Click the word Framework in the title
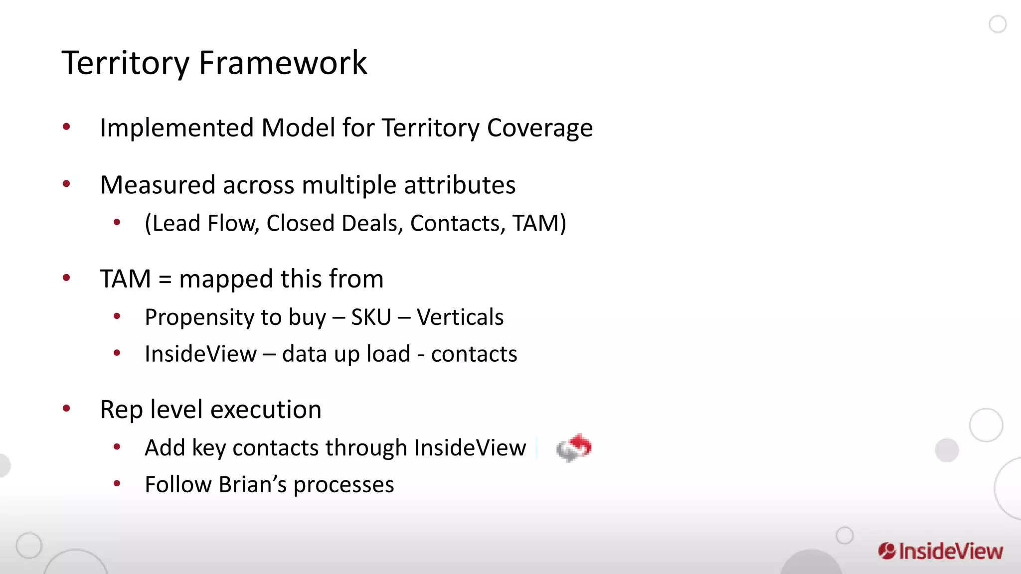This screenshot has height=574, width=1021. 283,63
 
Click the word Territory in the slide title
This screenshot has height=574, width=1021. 125,63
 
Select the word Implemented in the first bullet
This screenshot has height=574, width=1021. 177,128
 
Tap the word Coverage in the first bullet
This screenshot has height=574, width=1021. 539,128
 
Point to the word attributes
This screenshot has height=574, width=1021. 459,185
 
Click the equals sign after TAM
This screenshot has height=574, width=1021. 165,280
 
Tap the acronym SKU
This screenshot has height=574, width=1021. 371,317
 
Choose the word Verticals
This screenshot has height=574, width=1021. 460,317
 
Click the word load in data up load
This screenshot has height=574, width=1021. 388,354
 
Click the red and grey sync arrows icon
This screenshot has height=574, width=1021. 574,447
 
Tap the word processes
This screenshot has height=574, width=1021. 343,485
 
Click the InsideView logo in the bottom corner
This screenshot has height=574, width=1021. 940,552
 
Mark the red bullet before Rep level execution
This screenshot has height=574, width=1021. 66,409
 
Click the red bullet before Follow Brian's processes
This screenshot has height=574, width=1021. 117,483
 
